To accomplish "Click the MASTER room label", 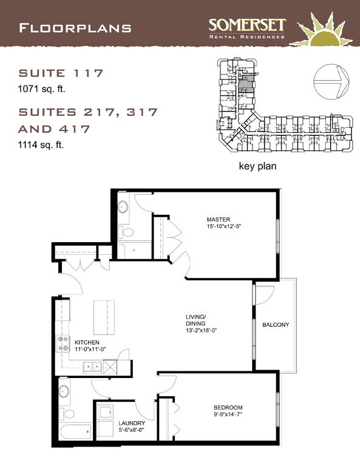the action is point(219,219).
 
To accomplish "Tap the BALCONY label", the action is point(276,325).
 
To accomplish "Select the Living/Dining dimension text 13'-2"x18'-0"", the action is point(201,330).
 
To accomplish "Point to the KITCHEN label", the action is point(87,342).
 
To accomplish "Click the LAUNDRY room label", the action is point(132,423).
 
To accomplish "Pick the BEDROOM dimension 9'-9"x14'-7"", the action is point(228,414).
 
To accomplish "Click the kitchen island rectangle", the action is point(104,317).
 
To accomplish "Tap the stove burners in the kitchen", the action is point(63,343).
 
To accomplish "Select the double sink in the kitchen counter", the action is point(93,366).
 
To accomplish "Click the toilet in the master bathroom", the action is point(126,232).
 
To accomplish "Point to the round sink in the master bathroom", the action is point(123,207).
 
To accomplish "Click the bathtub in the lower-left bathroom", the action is point(75,432).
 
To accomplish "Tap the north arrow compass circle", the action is point(331,82).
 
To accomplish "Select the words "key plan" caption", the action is point(257,166).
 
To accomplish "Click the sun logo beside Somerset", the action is point(324,30).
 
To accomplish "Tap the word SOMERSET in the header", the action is point(247,25).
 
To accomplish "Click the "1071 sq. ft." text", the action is point(42,89).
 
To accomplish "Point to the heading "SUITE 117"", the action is point(61,73).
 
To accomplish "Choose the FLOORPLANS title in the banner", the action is point(75,29).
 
